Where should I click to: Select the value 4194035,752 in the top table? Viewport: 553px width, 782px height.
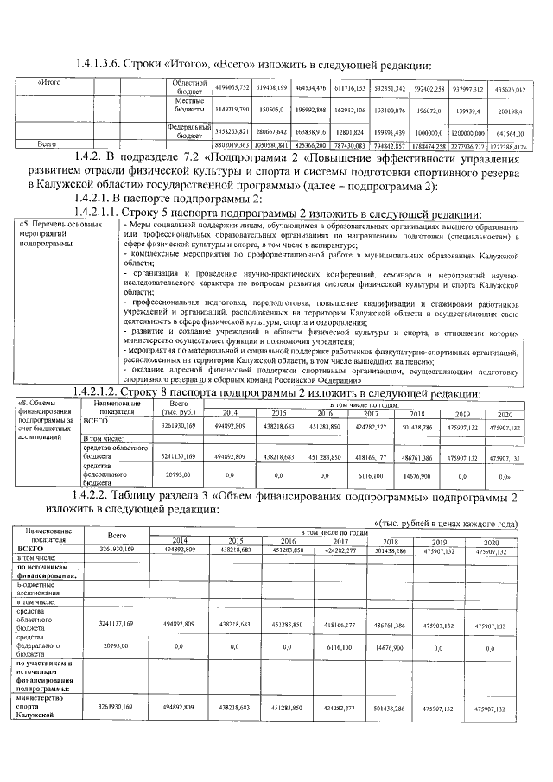point(232,88)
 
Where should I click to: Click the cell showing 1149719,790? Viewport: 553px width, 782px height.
point(232,111)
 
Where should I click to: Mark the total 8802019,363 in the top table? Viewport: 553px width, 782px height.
point(232,145)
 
